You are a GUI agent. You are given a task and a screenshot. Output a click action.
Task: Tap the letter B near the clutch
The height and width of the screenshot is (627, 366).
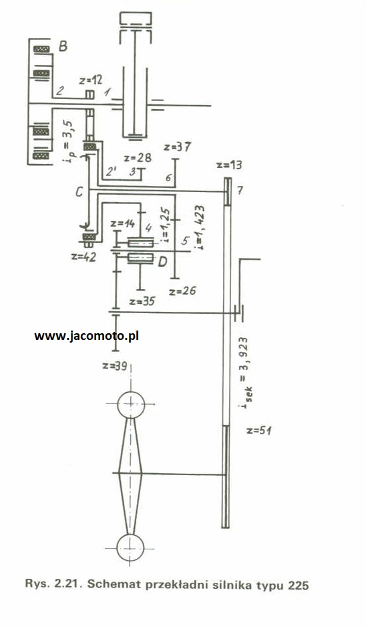63,46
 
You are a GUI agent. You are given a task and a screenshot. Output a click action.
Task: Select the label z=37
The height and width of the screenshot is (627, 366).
177,147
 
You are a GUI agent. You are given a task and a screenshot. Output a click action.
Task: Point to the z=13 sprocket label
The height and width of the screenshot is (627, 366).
228,165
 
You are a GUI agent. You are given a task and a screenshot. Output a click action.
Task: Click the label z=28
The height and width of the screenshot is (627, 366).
138,157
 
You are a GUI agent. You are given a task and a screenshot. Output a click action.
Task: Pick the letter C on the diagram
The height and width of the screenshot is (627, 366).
79,192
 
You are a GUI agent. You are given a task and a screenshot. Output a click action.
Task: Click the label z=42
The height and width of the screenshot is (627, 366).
83,257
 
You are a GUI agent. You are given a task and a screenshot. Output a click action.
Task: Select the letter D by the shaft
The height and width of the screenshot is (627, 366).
162,262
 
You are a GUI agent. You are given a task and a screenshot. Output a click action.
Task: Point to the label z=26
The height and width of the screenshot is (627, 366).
182,290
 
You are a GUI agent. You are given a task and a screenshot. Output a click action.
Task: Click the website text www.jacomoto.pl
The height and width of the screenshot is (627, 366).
87,335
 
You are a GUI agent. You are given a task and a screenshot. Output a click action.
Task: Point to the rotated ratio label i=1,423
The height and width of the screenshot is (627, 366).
199,228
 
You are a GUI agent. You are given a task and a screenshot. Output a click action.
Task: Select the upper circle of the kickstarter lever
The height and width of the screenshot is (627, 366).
131,405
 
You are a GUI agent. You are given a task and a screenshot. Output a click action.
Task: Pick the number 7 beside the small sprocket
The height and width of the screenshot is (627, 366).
240,191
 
